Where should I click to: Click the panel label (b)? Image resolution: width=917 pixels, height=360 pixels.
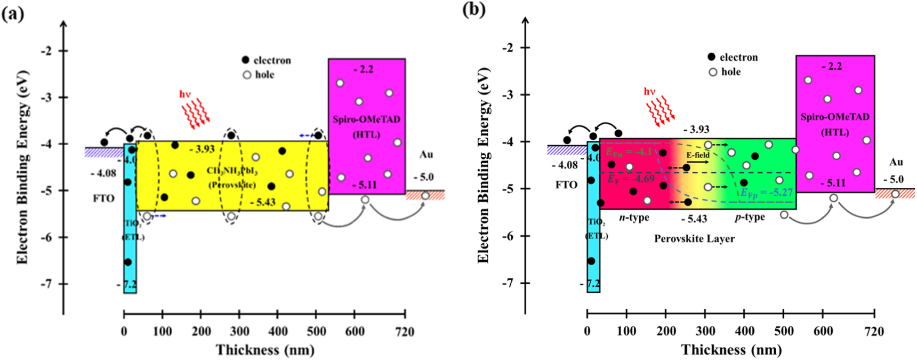tap(474, 10)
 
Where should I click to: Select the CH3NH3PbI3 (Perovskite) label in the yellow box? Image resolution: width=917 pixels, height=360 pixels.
tap(232, 178)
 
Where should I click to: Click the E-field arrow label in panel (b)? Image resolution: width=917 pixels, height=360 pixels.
tap(697, 155)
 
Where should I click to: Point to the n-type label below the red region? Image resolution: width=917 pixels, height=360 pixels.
tap(634, 218)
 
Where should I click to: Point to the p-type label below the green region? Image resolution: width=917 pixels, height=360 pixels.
tap(750, 217)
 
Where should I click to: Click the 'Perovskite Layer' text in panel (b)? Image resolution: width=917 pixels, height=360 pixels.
tap(694, 239)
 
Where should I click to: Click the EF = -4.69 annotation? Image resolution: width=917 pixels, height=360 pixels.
tap(632, 179)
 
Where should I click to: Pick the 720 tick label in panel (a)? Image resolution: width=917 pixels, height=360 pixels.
tap(405, 332)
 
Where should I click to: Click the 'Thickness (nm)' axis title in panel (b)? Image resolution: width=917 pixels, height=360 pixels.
tap(731, 350)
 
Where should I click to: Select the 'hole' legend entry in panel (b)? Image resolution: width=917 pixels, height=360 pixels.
tap(730, 71)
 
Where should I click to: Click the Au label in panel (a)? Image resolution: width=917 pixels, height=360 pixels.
tap(425, 155)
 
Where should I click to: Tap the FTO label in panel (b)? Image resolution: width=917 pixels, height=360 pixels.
tap(566, 185)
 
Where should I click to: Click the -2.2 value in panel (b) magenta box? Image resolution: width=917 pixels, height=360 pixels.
tap(832, 67)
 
